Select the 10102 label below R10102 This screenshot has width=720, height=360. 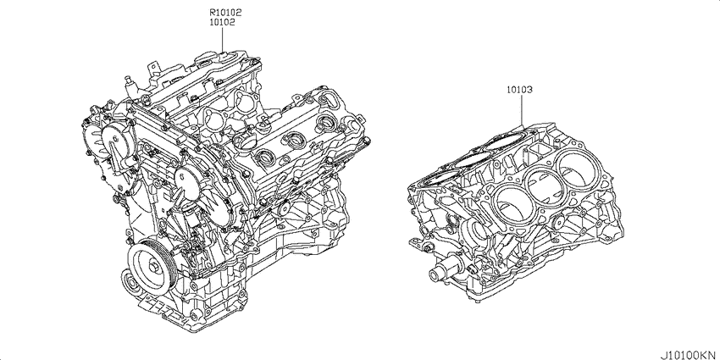coord(223,21)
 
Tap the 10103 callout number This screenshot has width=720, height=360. coord(519,90)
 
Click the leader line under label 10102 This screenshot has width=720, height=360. coord(222,40)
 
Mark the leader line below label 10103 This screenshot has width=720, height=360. coord(522,111)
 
